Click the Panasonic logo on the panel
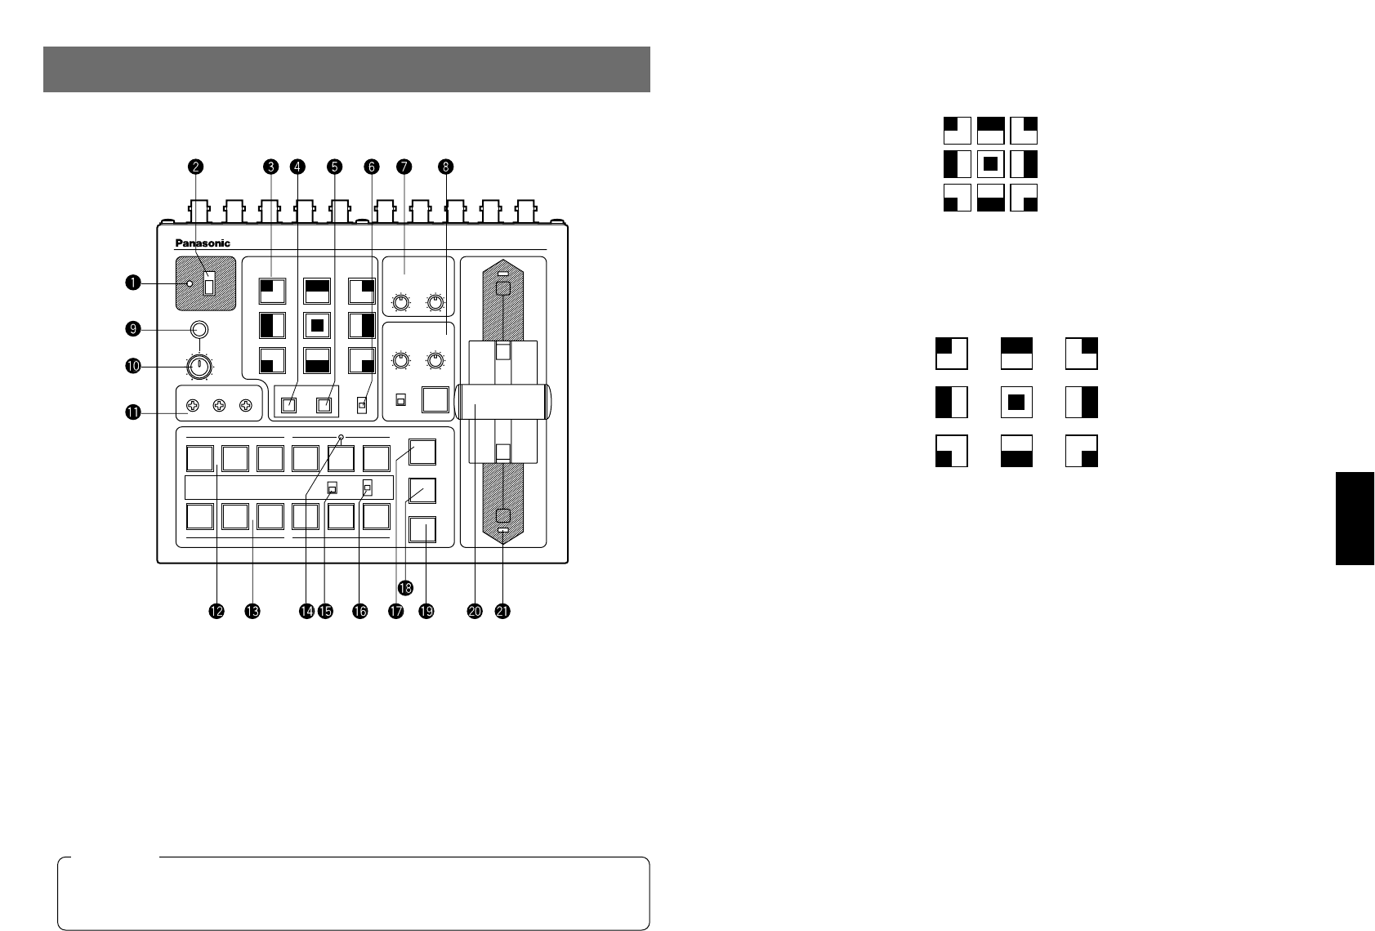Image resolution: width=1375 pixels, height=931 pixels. pos(203,243)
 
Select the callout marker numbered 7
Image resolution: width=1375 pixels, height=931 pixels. pos(403,167)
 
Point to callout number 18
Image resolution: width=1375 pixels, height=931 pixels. pos(404,587)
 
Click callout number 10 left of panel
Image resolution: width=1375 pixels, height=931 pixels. pos(132,367)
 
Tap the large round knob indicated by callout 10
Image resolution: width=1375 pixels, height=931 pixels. pos(198,367)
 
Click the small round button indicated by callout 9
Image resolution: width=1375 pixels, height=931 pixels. pos(199,329)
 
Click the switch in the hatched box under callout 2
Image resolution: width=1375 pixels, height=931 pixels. pos(209,283)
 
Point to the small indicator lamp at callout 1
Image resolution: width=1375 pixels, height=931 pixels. pos(190,283)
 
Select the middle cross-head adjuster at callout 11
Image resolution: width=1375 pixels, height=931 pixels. pos(219,405)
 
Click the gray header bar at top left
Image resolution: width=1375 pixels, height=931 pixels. pos(346,69)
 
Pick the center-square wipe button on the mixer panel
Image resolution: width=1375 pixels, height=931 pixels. pos(317,325)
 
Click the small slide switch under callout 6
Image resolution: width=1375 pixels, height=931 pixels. pos(362,403)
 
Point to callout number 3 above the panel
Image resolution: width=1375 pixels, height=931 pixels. pos(270,167)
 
